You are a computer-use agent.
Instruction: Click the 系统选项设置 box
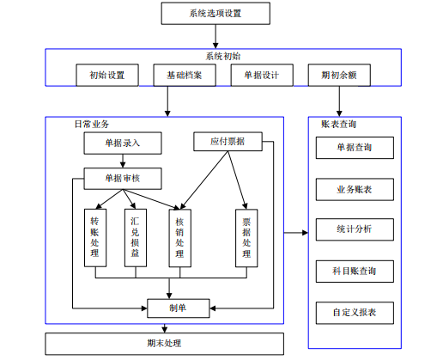click(215, 14)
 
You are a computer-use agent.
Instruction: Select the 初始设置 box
click(107, 75)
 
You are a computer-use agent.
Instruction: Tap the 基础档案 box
click(185, 75)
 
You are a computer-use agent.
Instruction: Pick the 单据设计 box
click(262, 75)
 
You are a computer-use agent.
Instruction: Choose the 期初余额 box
click(339, 75)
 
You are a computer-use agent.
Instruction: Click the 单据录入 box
click(123, 143)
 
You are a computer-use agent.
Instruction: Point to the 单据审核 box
click(123, 179)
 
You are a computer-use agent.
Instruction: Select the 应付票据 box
click(228, 141)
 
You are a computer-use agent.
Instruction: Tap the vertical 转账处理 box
click(95, 238)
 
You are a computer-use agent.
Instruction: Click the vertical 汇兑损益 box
click(136, 238)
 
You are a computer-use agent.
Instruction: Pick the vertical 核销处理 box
click(180, 238)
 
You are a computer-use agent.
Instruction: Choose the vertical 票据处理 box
click(246, 238)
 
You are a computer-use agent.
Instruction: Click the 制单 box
click(179, 308)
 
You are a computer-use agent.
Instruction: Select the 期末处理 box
click(164, 344)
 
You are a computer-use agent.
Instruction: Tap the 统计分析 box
click(355, 229)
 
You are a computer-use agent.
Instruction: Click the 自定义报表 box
click(355, 313)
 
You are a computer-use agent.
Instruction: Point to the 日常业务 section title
click(92, 124)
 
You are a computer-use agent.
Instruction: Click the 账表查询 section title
click(338, 124)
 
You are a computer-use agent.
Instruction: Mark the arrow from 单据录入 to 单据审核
click(123, 161)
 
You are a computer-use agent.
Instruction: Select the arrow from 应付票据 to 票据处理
click(237, 180)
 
